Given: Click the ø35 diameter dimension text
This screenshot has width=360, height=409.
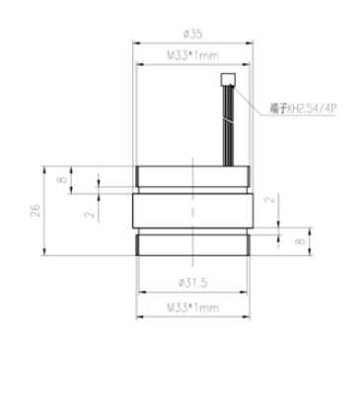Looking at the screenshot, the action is click(x=193, y=34).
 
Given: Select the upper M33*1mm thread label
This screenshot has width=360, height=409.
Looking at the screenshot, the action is click(x=193, y=55).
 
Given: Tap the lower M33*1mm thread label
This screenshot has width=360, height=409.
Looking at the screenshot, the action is click(x=193, y=307).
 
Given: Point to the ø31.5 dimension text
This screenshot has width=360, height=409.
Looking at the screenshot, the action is click(x=193, y=283).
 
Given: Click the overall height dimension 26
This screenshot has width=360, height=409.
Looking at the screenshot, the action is click(x=36, y=211).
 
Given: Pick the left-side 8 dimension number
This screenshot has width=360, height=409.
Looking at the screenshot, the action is click(x=62, y=179).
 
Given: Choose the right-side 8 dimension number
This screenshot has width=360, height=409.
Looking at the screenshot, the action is click(x=300, y=241).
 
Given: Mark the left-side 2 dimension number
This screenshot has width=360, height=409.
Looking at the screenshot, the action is click(x=90, y=215).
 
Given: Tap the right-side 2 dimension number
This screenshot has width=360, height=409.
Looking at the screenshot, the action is click(x=269, y=199).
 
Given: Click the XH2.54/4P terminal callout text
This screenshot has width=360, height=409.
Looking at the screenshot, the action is click(x=312, y=108).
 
